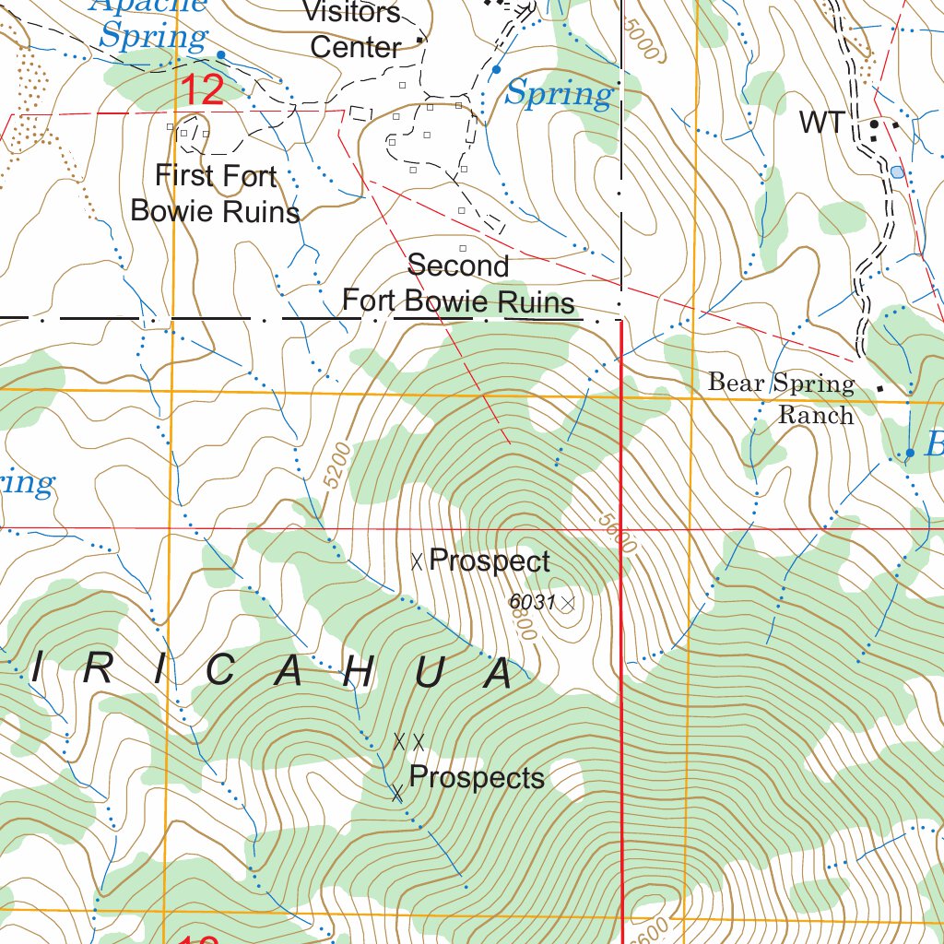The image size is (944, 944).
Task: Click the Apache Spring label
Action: [153, 24]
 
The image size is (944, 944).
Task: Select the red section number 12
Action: [202, 90]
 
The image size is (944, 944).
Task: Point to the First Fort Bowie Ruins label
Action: [215, 193]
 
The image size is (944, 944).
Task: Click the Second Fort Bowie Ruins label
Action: [458, 283]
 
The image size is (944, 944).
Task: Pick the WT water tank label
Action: [820, 122]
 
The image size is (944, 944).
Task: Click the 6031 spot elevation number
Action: [532, 602]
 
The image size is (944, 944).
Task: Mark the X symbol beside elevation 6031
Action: [568, 603]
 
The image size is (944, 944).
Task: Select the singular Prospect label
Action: [490, 560]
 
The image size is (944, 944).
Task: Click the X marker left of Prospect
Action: [417, 560]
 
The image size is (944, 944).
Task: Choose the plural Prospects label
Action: [477, 777]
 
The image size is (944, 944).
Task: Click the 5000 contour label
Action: [642, 41]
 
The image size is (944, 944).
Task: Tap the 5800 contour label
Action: [524, 629]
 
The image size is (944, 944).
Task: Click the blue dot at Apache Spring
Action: [220, 54]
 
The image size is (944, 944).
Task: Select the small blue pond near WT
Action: [897, 171]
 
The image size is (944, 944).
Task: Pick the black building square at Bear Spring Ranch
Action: [879, 388]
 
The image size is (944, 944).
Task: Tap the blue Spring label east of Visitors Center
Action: [560, 93]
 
